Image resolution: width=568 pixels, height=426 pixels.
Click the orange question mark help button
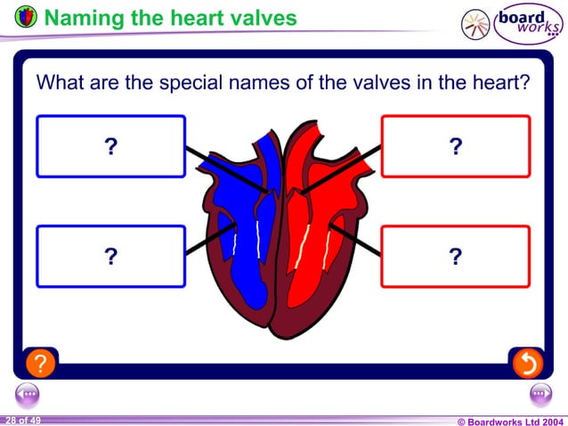41,363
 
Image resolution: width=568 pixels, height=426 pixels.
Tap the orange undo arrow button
527,363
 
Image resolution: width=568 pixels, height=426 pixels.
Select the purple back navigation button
28,393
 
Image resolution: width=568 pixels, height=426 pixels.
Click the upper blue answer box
110,147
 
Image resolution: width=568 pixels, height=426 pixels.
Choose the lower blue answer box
110,257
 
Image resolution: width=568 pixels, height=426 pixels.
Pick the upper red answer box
455,147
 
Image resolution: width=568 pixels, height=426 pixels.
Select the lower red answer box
455,257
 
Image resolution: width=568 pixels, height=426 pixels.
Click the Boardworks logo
513,22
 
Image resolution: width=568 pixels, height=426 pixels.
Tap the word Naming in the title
80,18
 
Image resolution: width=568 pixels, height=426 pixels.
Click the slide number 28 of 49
22,419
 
